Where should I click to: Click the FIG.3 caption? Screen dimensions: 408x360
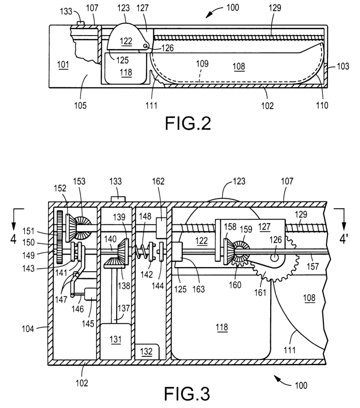[186, 394]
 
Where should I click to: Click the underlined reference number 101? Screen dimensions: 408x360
[62, 65]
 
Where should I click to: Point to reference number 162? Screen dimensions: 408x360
[159, 182]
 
